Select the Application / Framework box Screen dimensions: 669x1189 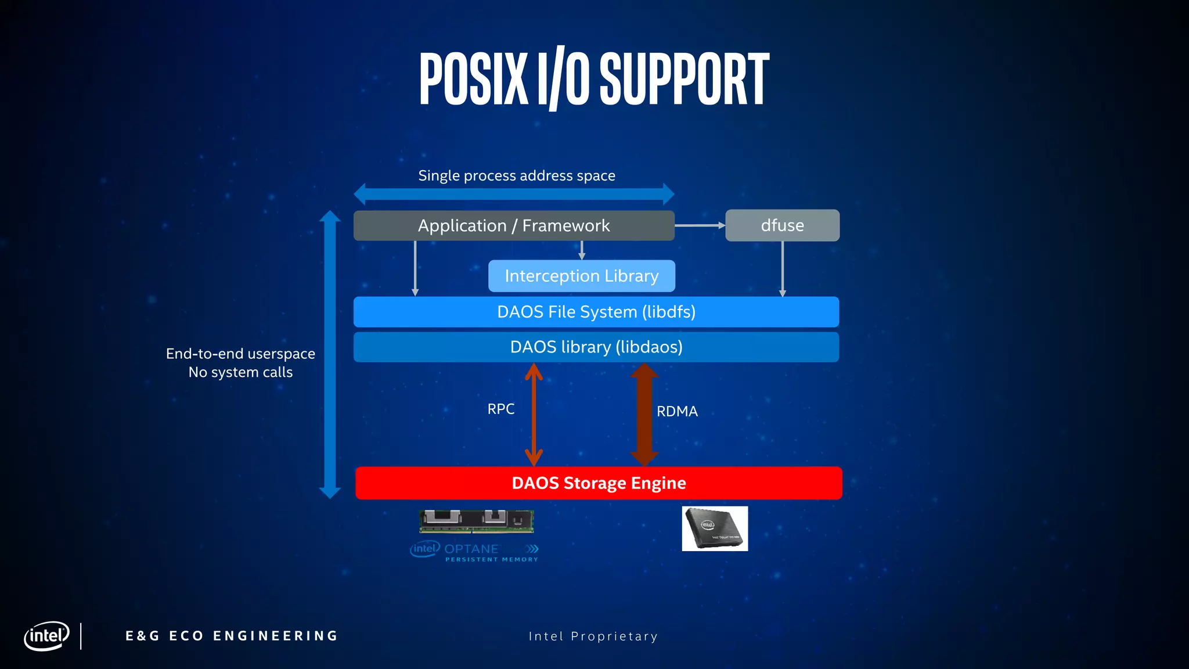[x=514, y=225]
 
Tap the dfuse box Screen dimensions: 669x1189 [x=782, y=225]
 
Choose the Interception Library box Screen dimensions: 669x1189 [x=581, y=276]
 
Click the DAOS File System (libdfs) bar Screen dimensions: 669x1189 [x=596, y=312]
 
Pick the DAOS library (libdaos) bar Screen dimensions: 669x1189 [x=596, y=347]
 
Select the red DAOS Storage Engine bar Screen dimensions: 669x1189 [x=599, y=483]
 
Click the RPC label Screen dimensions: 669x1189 [x=500, y=409]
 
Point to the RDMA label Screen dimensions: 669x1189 [x=677, y=411]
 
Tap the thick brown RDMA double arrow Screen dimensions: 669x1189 [x=644, y=415]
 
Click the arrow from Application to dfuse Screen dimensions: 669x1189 [x=699, y=225]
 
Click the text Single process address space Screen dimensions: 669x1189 [x=517, y=175]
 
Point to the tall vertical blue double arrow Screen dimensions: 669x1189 [x=330, y=354]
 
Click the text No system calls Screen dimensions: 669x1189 [x=240, y=372]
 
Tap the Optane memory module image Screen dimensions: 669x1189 [x=477, y=521]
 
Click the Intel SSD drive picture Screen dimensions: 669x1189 [x=715, y=528]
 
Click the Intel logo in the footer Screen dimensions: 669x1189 [x=46, y=636]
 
